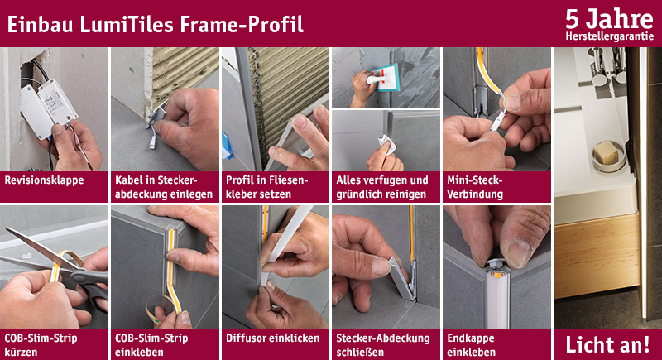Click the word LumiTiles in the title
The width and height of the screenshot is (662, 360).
pyautogui.click(x=127, y=25)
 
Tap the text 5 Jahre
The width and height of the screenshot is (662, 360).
pyautogui.click(x=609, y=19)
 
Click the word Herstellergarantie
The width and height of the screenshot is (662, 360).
pyautogui.click(x=609, y=36)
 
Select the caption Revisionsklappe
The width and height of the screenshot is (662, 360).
pyautogui.click(x=44, y=180)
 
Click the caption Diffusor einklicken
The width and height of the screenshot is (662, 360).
pyautogui.click(x=273, y=338)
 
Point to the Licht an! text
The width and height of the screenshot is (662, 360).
pyautogui.click(x=607, y=345)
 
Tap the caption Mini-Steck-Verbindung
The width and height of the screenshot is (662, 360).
pyautogui.click(x=475, y=187)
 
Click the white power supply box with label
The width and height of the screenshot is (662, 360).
pyautogui.click(x=57, y=102)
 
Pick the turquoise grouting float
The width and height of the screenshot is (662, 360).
pyautogui.click(x=384, y=78)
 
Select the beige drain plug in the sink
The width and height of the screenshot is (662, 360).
pyautogui.click(x=607, y=152)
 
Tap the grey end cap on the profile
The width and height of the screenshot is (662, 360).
pyautogui.click(x=499, y=266)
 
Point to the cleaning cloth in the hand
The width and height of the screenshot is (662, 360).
pyautogui.click(x=387, y=144)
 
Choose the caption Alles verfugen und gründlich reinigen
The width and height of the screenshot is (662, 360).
pyautogui.click(x=382, y=187)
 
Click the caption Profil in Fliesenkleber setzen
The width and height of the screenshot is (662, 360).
pyautogui.click(x=266, y=187)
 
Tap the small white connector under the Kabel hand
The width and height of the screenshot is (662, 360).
pyautogui.click(x=152, y=142)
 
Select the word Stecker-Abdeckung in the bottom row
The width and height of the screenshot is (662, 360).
pyautogui.click(x=383, y=338)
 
